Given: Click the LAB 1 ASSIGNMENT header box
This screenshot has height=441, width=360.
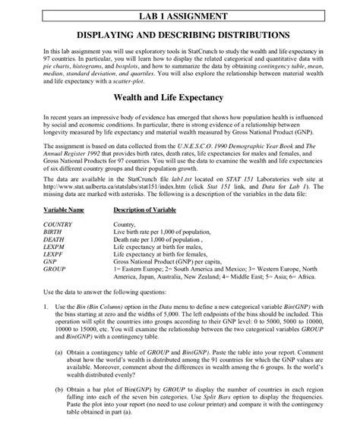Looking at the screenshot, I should (179, 15).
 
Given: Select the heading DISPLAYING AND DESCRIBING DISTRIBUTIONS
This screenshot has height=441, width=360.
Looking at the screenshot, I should (180, 35).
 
